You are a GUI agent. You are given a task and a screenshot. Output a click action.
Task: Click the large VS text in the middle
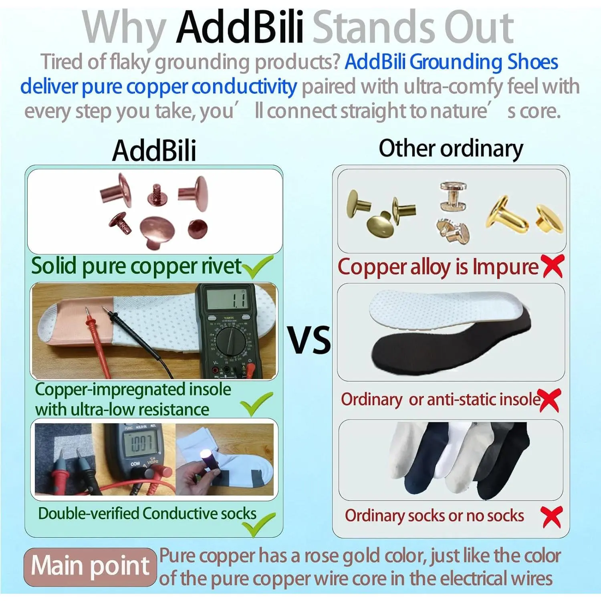click(310, 340)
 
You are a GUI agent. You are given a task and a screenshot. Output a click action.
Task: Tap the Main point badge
click(90, 567)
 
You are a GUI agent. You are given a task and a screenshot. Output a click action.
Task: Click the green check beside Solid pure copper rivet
click(258, 267)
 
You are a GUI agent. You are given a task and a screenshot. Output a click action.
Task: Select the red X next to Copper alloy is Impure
click(553, 266)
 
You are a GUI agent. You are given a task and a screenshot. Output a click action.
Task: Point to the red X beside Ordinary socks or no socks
click(551, 517)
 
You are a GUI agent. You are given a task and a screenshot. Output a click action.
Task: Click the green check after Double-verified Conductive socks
click(260, 524)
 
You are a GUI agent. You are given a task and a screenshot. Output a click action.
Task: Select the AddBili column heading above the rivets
click(154, 151)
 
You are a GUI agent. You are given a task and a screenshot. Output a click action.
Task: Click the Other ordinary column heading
click(451, 149)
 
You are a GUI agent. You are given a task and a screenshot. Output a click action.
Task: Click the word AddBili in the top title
click(240, 27)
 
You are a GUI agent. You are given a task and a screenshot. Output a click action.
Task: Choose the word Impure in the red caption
click(505, 267)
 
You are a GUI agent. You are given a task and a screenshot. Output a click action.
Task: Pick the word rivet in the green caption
click(221, 266)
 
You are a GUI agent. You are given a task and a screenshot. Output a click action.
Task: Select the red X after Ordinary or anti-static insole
click(549, 400)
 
